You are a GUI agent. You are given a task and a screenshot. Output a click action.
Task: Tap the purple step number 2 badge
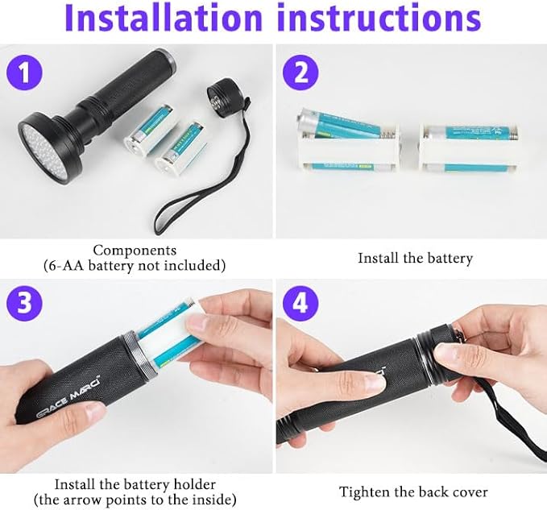click(299, 74)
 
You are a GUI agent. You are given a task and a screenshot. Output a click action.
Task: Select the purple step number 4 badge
click(299, 304)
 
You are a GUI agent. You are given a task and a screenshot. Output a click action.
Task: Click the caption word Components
click(135, 251)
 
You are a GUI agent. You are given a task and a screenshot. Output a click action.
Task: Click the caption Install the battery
click(415, 259)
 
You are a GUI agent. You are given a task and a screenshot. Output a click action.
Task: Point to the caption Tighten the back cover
click(413, 491)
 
